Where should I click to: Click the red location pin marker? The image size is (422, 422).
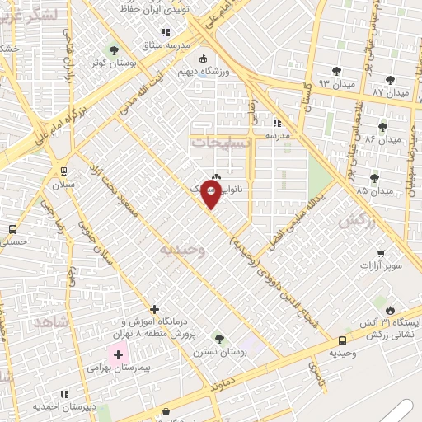[x=211, y=195]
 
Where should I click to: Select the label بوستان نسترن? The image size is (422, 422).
[x=220, y=351]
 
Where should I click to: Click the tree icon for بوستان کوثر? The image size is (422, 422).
[x=113, y=50]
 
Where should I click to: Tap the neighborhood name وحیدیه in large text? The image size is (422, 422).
[x=181, y=248]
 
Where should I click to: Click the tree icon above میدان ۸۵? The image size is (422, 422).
[x=375, y=177]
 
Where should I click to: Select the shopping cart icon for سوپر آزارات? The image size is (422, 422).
[x=380, y=254]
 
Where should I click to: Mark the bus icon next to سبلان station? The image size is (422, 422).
[x=63, y=171]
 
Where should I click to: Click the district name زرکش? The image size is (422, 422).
[x=356, y=220]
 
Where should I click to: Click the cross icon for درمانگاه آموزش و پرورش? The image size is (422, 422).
[x=154, y=310]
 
